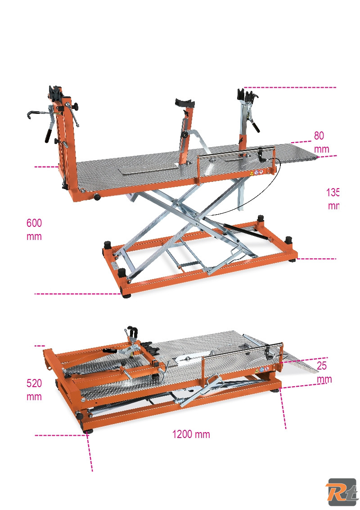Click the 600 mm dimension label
click(x=34, y=230)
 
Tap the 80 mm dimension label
click(x=321, y=142)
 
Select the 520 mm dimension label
click(x=34, y=390)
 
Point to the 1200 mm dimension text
click(x=191, y=434)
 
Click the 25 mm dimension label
click(x=324, y=372)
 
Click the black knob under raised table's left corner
click(x=96, y=197)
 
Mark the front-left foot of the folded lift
click(x=87, y=431)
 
